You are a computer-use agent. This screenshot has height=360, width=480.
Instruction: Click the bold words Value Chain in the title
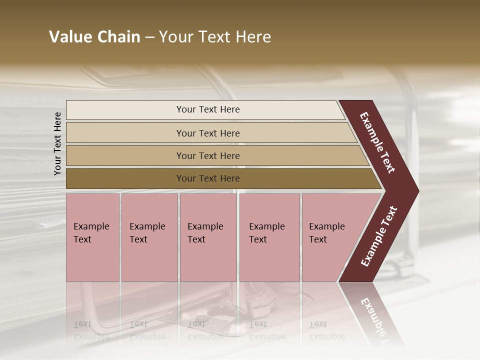94,37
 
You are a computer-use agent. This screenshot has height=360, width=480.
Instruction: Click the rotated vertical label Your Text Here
57,143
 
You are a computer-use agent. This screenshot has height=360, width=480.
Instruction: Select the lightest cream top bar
125,110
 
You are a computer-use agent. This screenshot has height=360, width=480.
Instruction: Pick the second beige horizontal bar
125,133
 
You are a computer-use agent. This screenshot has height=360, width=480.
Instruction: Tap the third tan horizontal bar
125,155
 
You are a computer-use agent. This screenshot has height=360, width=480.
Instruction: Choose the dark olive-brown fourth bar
125,178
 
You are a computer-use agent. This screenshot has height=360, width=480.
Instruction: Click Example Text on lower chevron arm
379,236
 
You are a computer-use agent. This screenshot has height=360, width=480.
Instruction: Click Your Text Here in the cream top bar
208,109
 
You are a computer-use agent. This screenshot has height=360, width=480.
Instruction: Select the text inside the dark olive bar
208,178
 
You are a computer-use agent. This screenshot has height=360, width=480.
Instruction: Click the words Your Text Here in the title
215,37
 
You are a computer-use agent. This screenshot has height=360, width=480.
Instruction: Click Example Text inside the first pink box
91,233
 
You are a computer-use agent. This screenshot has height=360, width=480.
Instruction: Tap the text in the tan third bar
208,156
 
